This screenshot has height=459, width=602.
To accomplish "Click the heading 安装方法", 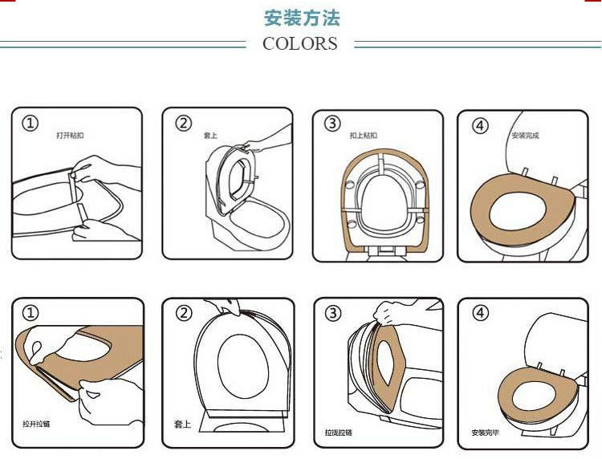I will [x=302, y=18].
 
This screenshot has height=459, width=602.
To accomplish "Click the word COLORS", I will [x=300, y=44].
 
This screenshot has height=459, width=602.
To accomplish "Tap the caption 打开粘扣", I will [x=70, y=136].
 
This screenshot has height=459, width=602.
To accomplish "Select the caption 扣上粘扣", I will [x=363, y=136].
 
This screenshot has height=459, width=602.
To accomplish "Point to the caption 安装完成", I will [x=525, y=136].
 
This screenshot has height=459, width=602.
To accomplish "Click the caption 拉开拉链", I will [x=36, y=423].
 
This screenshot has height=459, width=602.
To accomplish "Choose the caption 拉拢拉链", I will [x=340, y=432].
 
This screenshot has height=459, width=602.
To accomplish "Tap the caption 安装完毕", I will [x=485, y=433].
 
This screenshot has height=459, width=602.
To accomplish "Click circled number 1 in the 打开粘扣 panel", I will [x=30, y=124].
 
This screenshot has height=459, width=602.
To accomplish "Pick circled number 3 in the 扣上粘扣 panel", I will [x=332, y=124].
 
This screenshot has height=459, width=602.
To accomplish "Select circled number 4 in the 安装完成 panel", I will [x=480, y=126].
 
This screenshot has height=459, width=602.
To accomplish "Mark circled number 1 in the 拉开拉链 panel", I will [x=30, y=313].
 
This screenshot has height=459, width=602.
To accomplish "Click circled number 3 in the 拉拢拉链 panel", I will [x=332, y=313].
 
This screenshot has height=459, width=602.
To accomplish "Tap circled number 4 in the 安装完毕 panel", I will [x=480, y=313].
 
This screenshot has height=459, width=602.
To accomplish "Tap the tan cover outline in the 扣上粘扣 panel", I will [x=347, y=217].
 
